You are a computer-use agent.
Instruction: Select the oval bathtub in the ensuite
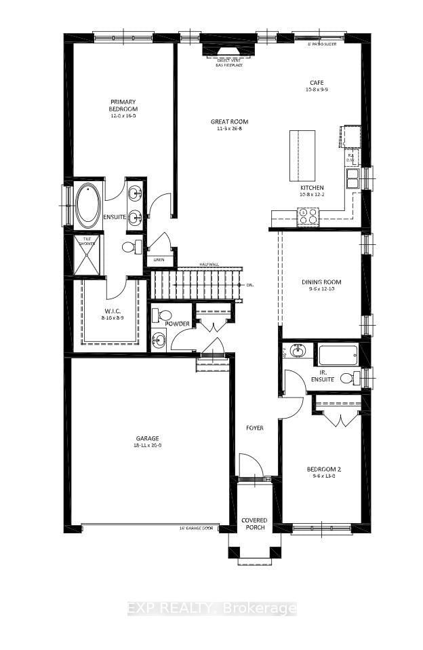[88, 206]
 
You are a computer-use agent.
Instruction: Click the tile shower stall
[86, 254]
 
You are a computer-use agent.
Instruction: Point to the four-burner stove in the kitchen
[308, 216]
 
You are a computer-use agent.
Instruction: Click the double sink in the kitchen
[353, 178]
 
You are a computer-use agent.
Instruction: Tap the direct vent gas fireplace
[230, 52]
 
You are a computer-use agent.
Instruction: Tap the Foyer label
[255, 428]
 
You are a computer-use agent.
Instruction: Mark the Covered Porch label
[255, 524]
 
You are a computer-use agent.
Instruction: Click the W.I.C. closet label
[110, 313]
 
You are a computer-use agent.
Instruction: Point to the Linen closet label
[159, 260]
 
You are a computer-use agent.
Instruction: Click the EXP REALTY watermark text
[211, 608]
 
